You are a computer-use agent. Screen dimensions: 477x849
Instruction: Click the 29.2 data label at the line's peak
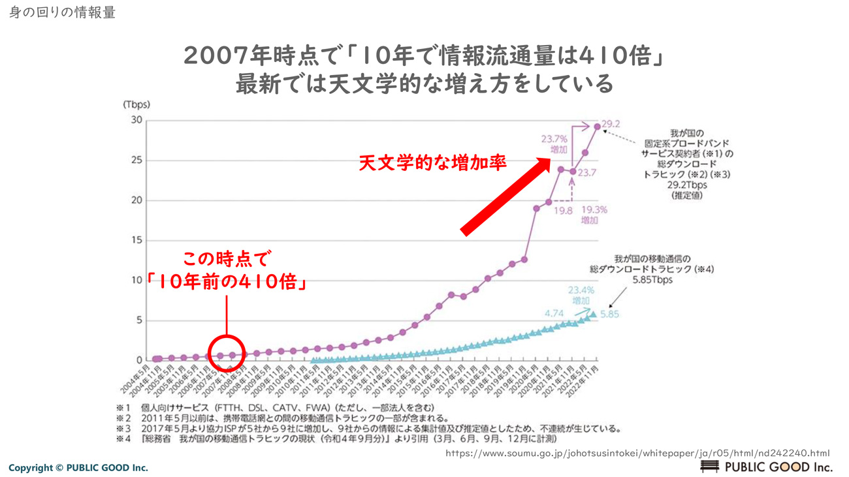point(611,124)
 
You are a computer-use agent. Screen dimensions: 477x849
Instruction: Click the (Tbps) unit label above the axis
point(136,104)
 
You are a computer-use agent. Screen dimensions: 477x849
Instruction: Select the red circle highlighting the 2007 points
point(227,352)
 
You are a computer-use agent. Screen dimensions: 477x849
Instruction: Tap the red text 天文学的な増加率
point(432,162)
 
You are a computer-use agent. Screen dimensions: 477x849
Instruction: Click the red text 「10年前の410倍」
point(226,282)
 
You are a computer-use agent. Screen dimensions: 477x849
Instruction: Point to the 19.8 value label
point(562,211)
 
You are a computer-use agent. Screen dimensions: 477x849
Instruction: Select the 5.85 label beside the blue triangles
point(609,314)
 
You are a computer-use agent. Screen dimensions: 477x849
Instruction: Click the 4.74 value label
point(554,314)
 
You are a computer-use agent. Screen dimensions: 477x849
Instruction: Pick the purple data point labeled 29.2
point(597,127)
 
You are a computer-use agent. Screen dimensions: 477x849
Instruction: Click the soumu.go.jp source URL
point(637,453)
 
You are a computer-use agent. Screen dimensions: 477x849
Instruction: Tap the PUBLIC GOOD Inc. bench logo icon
point(709,466)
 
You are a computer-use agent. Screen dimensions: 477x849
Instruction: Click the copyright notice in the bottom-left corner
point(78,467)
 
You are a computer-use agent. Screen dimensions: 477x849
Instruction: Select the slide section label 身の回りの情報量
point(62,12)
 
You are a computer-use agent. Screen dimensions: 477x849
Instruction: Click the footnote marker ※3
point(123,429)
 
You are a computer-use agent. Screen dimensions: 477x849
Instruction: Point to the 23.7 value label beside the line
point(587,173)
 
